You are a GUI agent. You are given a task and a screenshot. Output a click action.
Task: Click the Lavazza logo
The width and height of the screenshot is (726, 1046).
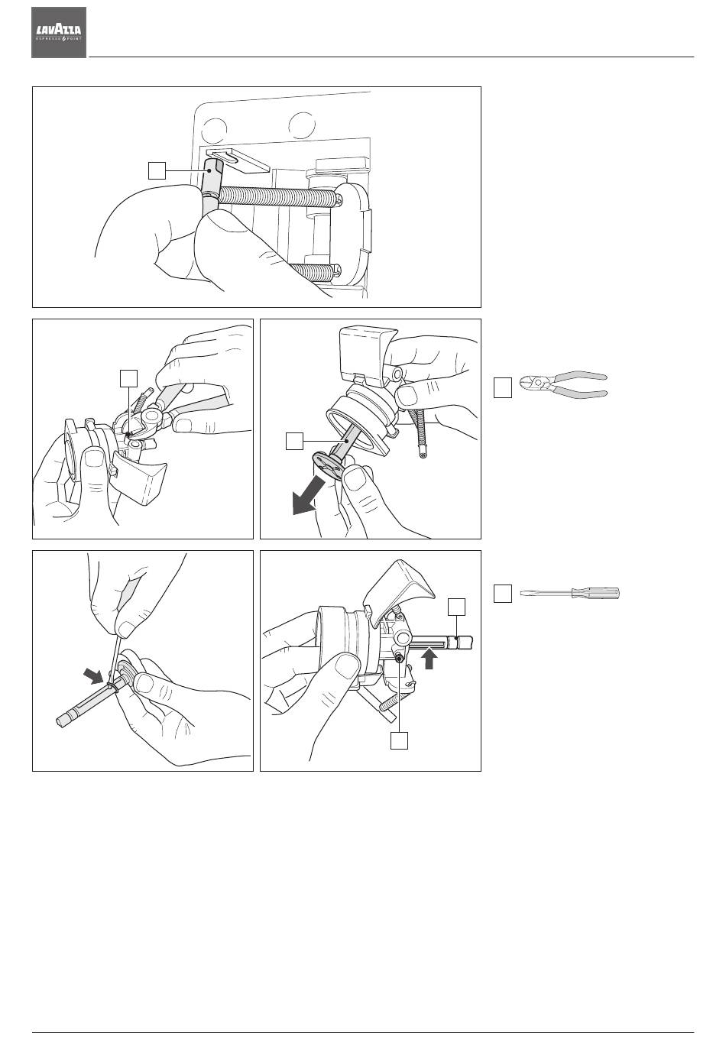tap(59, 32)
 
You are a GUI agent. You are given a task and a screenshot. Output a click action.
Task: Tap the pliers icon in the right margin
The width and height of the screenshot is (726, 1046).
tap(563, 384)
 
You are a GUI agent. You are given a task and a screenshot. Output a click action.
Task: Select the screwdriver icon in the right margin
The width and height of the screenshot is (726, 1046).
tap(569, 593)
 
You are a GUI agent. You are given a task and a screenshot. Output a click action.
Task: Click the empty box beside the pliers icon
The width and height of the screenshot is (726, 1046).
tap(501, 387)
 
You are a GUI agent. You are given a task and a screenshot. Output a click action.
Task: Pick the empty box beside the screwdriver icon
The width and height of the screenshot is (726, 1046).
tap(501, 594)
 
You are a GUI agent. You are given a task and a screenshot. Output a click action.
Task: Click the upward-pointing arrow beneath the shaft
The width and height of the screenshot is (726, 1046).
tap(430, 658)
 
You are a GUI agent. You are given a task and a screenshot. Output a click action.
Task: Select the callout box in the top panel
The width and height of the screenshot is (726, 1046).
tap(156, 170)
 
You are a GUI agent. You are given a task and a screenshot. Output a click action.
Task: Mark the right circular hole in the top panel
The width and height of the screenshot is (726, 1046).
tap(303, 124)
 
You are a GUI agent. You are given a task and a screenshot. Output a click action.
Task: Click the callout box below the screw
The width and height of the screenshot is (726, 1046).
tap(397, 740)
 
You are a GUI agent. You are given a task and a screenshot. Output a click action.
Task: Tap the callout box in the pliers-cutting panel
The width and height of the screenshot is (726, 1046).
tap(128, 377)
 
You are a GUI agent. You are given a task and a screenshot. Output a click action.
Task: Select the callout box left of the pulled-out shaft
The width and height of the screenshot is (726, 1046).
tap(294, 441)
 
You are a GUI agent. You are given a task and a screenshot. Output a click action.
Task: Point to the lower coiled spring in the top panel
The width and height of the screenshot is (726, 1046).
tap(312, 270)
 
